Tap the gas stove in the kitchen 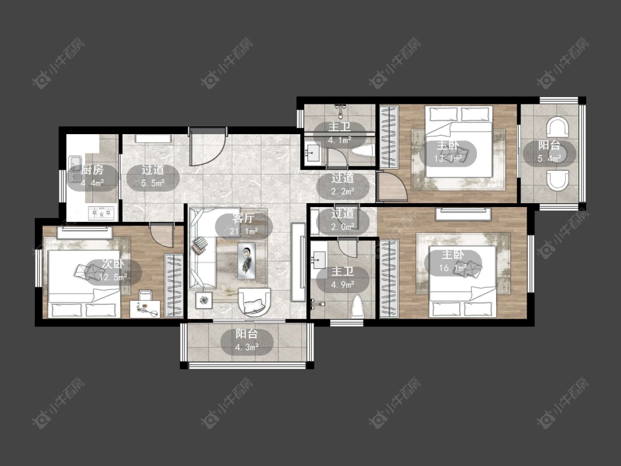pyautogui.click(x=101, y=214)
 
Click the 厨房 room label pyautogui.click(x=93, y=170)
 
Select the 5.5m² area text pyautogui.click(x=153, y=183)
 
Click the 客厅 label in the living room pyautogui.click(x=243, y=218)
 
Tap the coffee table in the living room pyautogui.click(x=246, y=261)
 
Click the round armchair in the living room pyautogui.click(x=254, y=303)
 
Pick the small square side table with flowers pyautogui.click(x=204, y=300)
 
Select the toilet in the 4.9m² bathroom pyautogui.click(x=357, y=306)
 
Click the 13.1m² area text pyautogui.click(x=448, y=158)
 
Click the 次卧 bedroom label pyautogui.click(x=113, y=264)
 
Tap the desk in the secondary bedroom pyautogui.click(x=145, y=309)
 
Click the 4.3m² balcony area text pyautogui.click(x=247, y=347)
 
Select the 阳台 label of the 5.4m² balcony pyautogui.click(x=549, y=145)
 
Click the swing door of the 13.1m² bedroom pyautogui.click(x=391, y=186)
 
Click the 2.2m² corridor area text pyautogui.click(x=343, y=192)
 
